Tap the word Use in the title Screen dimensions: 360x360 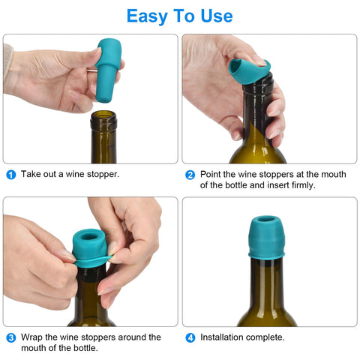[217, 16]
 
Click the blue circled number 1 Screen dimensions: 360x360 [11, 175]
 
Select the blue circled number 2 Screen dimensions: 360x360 [190, 175]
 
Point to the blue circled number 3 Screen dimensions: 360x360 [11, 337]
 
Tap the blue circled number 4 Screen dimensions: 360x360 [190, 337]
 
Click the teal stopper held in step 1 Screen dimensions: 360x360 [108, 70]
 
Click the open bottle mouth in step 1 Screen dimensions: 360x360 [103, 115]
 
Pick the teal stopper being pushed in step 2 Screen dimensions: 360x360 [250, 70]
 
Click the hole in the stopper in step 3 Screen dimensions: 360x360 [89, 236]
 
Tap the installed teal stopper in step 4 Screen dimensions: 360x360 [266, 238]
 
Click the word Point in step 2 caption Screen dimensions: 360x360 [210, 174]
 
